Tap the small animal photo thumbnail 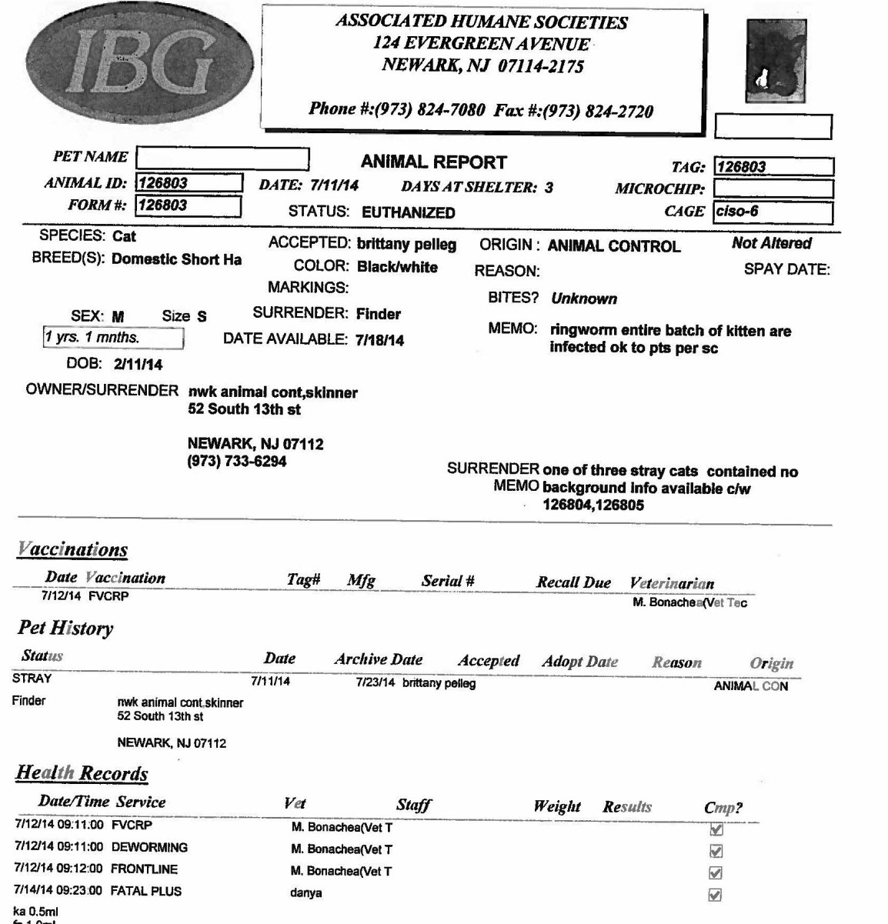pos(776,62)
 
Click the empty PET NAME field pos(222,158)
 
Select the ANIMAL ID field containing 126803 pos(189,183)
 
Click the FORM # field pos(189,205)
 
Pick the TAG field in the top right pos(773,167)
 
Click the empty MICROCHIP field pos(773,188)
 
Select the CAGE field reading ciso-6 pos(773,211)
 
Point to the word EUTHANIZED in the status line pos(409,213)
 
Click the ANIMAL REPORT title pos(433,162)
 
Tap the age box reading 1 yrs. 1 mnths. pos(113,338)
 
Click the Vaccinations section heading pos(72,549)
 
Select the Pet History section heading pos(65,628)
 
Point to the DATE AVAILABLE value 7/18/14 pos(379,340)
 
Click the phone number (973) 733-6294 pos(237,462)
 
